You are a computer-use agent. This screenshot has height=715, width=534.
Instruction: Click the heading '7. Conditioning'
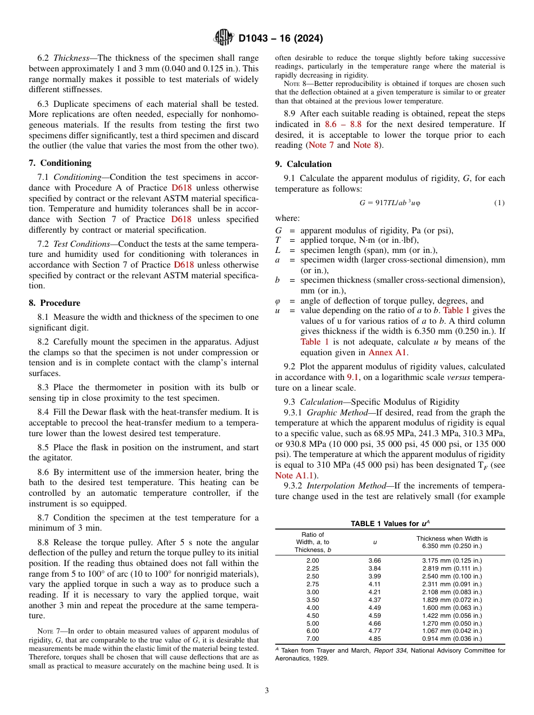[x=60, y=163]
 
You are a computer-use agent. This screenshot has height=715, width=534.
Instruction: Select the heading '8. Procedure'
[x=54, y=303]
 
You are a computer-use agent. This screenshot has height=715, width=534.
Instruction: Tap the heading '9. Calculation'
[x=303, y=164]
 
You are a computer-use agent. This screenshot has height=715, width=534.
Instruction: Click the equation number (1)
[x=499, y=203]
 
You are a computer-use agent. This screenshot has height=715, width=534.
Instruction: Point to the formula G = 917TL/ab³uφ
[x=390, y=203]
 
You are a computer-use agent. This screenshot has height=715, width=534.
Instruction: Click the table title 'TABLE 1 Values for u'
[x=389, y=523]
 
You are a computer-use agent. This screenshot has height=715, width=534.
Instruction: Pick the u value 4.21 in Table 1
[x=375, y=592]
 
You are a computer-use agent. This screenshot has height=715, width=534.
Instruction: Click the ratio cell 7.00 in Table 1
[x=312, y=639]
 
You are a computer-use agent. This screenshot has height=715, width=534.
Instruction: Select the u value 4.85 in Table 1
[x=375, y=639]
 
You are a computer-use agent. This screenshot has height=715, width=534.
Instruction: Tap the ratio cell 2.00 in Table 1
[x=312, y=560]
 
